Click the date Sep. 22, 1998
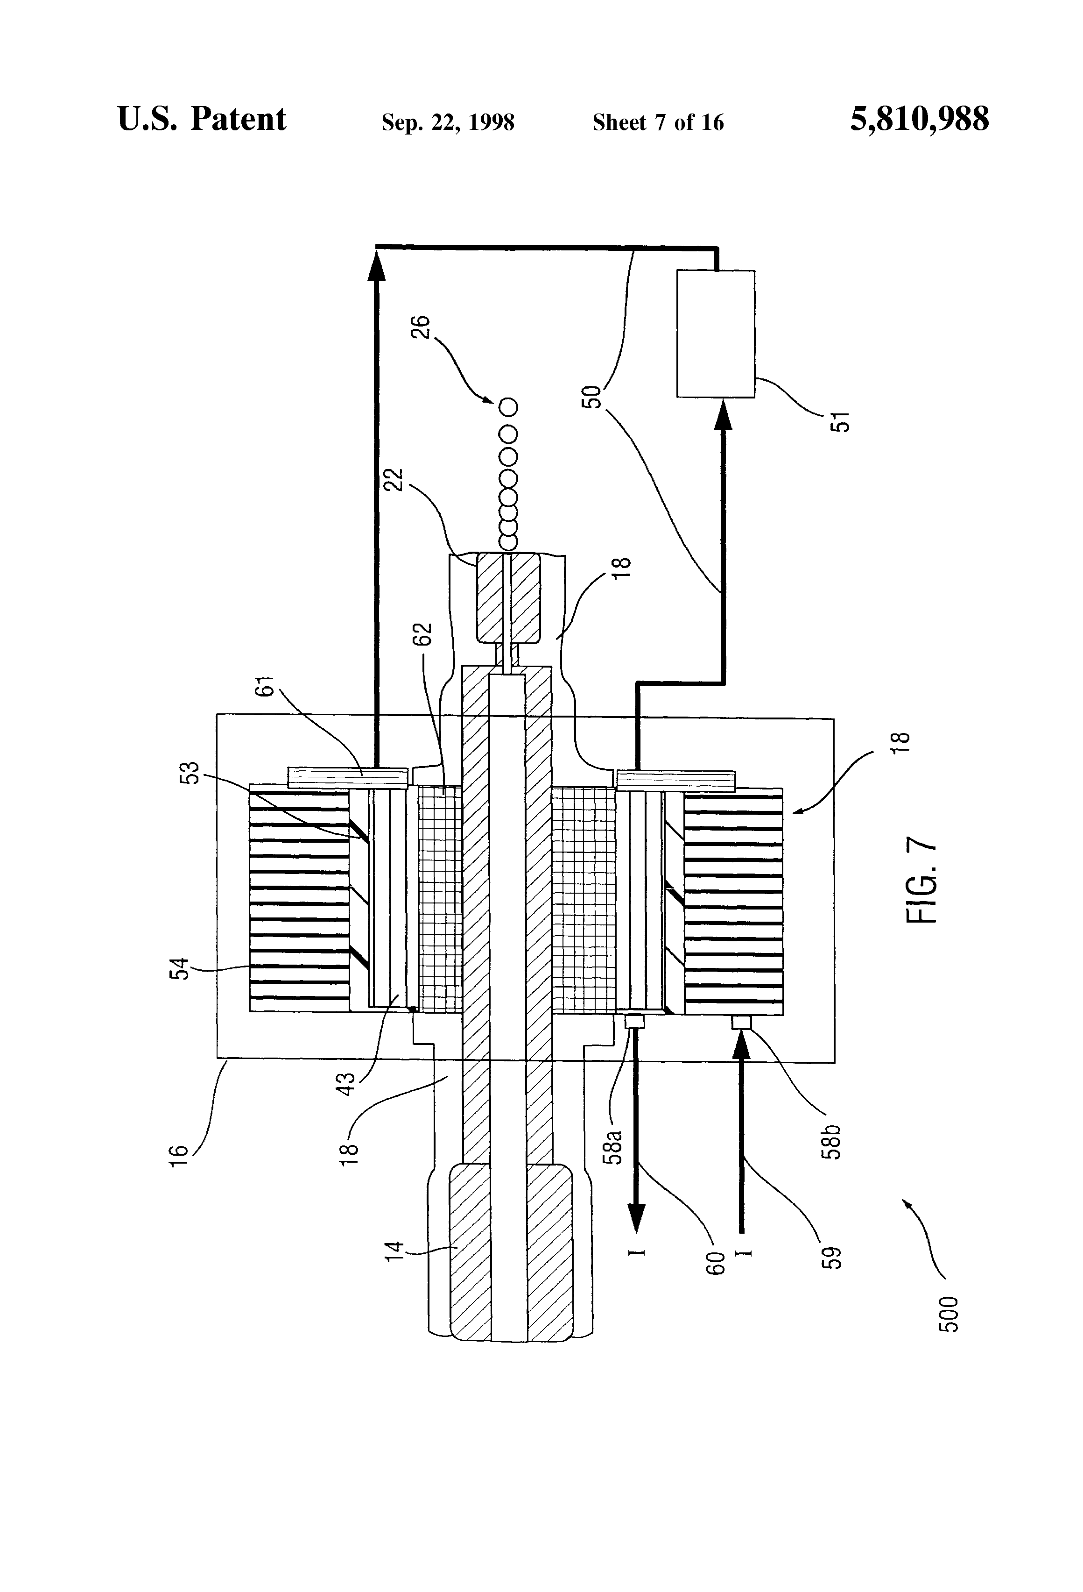[x=448, y=122]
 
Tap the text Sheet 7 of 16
[x=658, y=122]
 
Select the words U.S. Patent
[x=202, y=119]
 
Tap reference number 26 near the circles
[x=421, y=326]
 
